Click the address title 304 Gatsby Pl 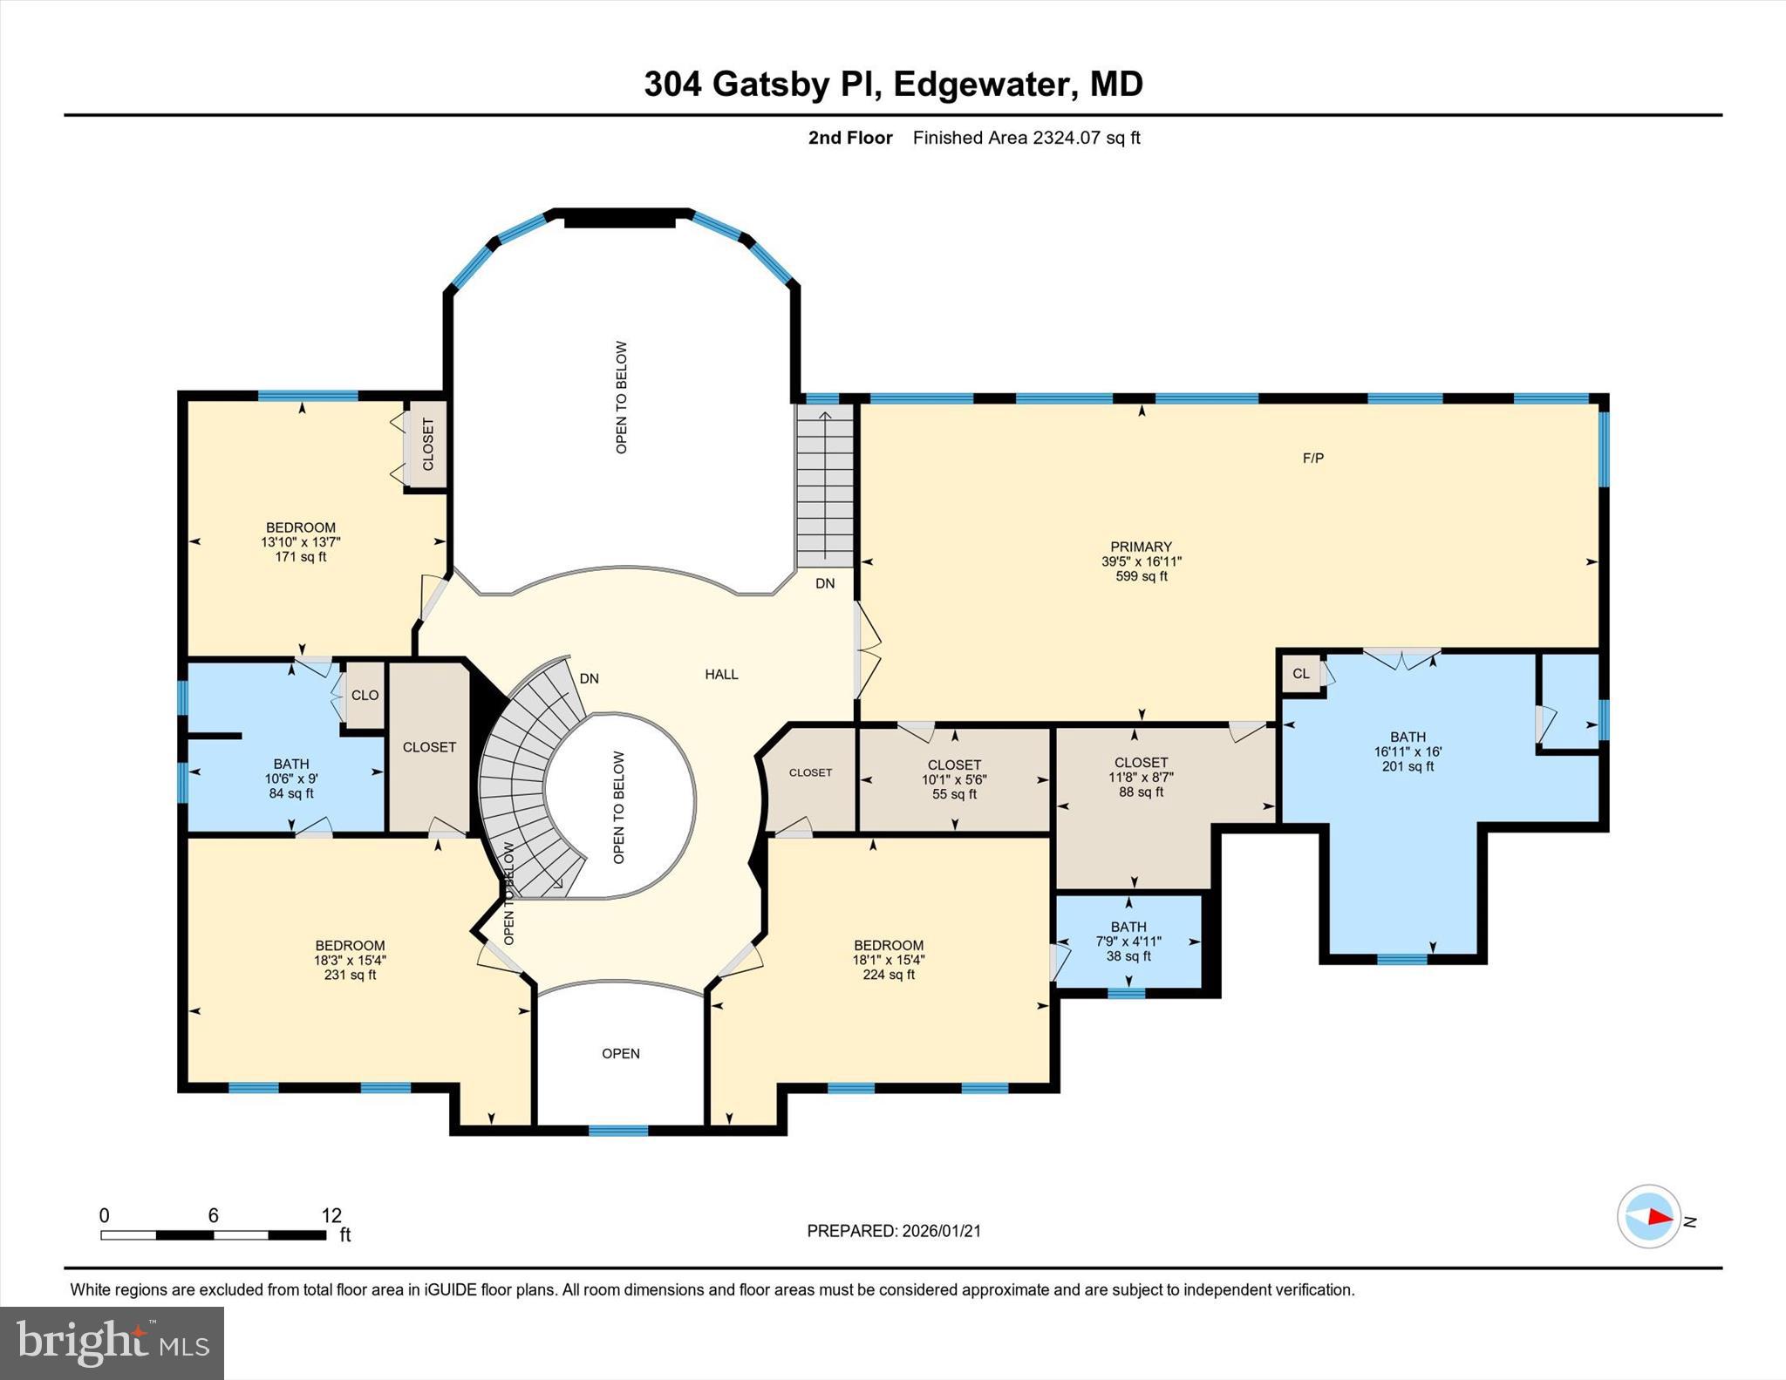(x=892, y=85)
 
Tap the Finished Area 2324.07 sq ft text (x=1026, y=138)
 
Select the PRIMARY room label (x=1141, y=547)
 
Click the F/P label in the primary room (x=1312, y=458)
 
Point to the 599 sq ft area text (x=1141, y=576)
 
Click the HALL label (x=721, y=674)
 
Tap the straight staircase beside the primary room (x=824, y=488)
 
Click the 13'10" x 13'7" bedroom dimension (x=300, y=541)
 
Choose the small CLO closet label (x=365, y=695)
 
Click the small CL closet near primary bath (x=1300, y=674)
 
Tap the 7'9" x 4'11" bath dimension (x=1128, y=942)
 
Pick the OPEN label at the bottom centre (x=620, y=1053)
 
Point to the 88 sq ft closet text (x=1141, y=792)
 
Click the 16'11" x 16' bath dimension (x=1408, y=751)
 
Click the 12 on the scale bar (x=331, y=1215)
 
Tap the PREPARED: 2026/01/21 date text (x=894, y=1231)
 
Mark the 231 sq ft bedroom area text (x=350, y=975)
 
